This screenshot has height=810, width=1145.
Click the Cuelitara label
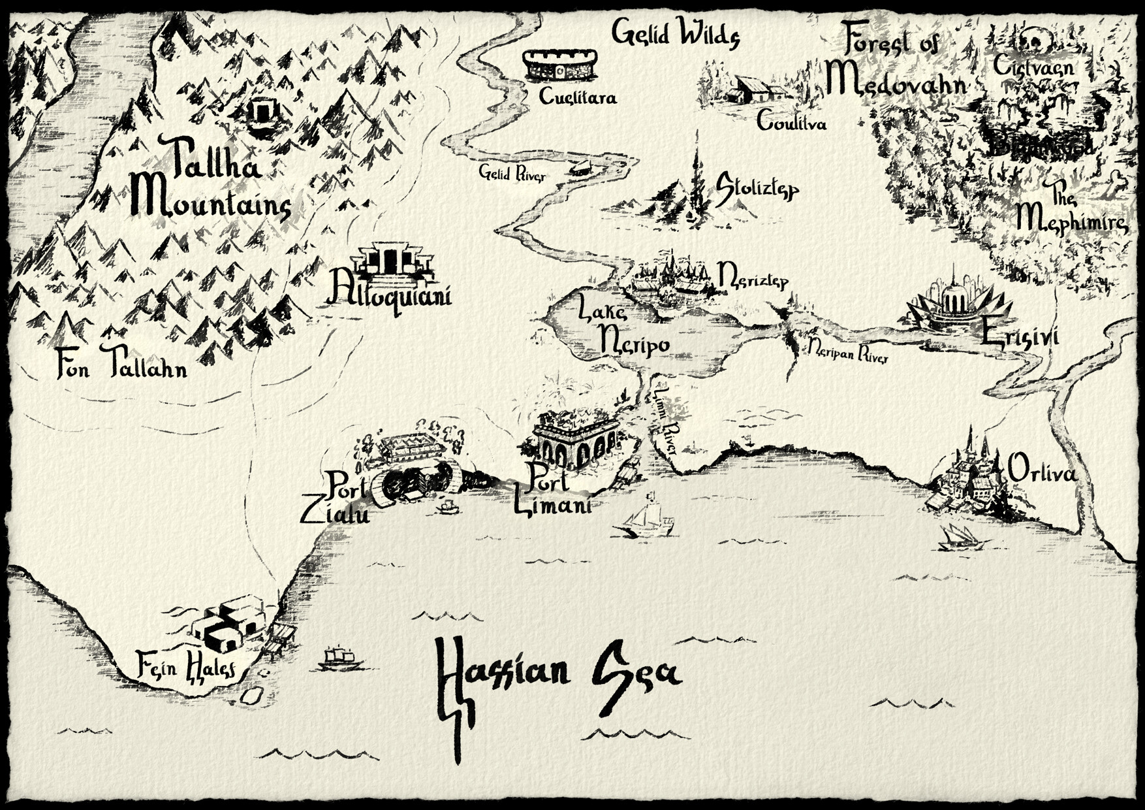click(578, 97)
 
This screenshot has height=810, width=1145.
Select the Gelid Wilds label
click(676, 33)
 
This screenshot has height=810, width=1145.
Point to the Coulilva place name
click(791, 121)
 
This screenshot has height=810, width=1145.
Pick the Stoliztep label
click(757, 188)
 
